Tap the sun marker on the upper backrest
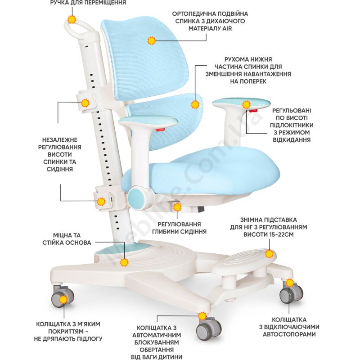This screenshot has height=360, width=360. click(x=151, y=40)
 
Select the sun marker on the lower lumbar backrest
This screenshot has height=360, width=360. click(x=195, y=104)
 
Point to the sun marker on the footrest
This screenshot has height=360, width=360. click(x=269, y=254)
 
